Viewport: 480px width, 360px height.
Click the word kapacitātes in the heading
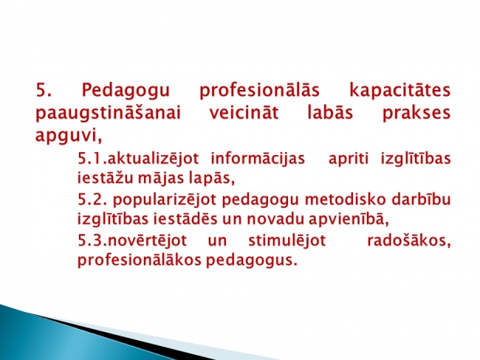(400, 90)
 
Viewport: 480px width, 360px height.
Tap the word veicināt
(244, 112)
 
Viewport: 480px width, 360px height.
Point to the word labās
(330, 112)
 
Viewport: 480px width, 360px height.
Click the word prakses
(416, 114)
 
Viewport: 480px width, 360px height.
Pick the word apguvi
(69, 136)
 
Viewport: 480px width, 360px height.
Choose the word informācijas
(258, 159)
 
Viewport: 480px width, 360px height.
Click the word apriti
(349, 159)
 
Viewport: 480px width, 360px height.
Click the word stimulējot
(287, 240)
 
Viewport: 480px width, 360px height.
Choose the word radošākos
(409, 240)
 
